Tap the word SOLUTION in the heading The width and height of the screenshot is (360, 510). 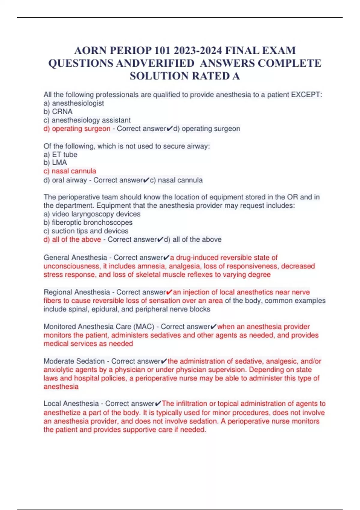coord(159,76)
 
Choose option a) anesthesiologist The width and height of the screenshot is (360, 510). coord(74,103)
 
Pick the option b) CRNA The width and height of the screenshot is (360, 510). coord(58,112)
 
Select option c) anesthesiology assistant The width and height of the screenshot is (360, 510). coord(87,120)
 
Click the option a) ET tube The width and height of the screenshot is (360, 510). coord(60,154)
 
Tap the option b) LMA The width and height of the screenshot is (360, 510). coord(55,163)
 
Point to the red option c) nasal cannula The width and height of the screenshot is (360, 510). coord(70,171)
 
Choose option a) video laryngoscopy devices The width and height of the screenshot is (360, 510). coord(92,214)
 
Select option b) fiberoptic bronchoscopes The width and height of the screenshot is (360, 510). coord(88,223)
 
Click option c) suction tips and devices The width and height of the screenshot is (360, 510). coord(86,231)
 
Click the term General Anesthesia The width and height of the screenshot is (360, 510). coord(75,258)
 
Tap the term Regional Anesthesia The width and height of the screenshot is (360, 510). coord(77,292)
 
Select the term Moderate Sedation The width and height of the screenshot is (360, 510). coord(74,361)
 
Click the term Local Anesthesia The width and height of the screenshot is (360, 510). coord(71,404)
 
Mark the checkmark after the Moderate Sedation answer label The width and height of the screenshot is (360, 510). coord(164,361)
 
